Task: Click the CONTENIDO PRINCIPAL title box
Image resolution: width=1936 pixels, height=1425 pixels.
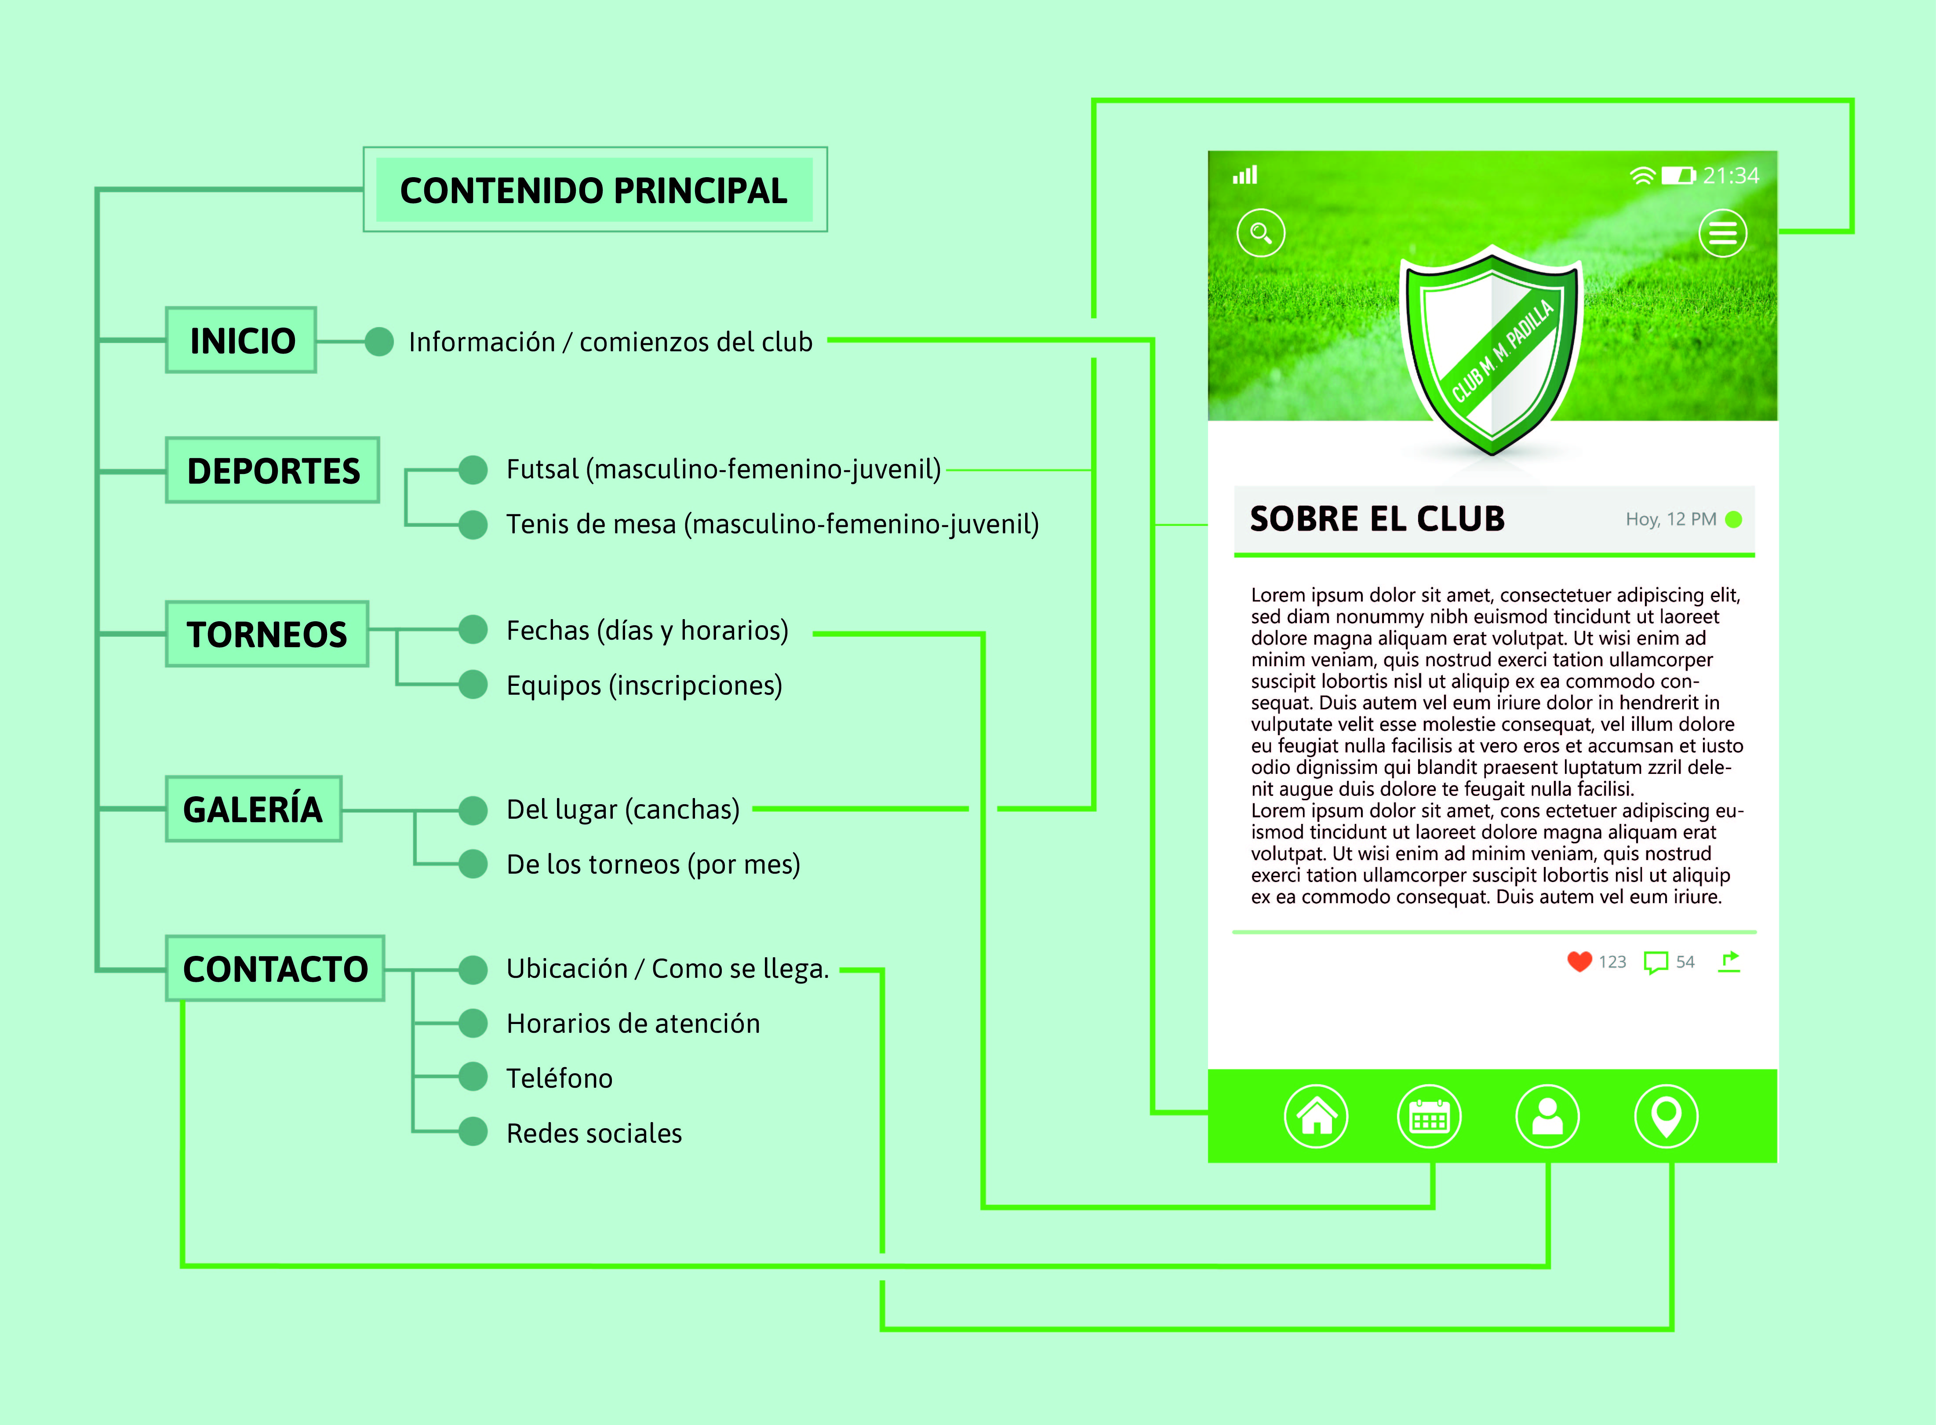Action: pos(594,190)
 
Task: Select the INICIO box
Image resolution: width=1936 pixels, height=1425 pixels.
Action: pos(241,341)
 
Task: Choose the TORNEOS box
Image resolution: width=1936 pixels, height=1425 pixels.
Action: pos(266,634)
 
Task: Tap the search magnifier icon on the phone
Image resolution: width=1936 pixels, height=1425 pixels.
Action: pos(1261,233)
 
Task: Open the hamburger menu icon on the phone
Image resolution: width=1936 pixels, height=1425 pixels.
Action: pos(1722,233)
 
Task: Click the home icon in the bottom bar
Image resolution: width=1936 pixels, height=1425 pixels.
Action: pos(1316,1116)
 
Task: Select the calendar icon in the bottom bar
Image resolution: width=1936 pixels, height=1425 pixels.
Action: pos(1429,1116)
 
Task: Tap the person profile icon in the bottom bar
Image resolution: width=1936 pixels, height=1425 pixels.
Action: pos(1547,1116)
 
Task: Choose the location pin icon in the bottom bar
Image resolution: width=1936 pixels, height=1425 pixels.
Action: pos(1666,1116)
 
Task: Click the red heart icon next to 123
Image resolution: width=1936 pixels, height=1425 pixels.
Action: pos(1579,962)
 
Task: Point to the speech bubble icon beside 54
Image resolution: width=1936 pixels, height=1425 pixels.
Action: pos(1655,962)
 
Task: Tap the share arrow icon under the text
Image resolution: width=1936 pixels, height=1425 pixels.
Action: pos(1729,961)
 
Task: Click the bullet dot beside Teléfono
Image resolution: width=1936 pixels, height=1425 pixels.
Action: pos(473,1076)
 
